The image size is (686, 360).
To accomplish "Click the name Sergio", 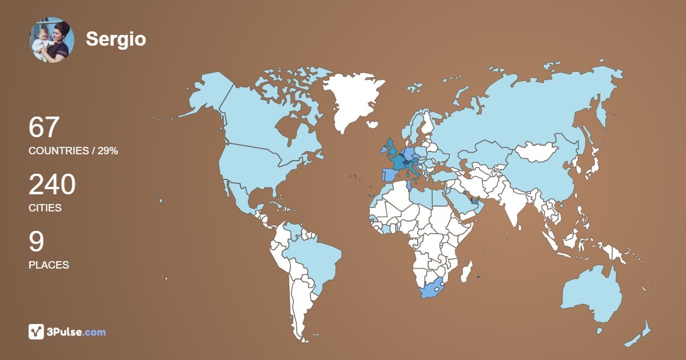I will [x=115, y=39].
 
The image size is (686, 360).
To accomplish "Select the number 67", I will [x=44, y=127].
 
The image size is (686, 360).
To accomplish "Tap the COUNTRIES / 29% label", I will [x=73, y=151].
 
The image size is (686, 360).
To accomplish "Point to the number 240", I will [x=52, y=185].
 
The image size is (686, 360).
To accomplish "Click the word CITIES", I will [x=45, y=208].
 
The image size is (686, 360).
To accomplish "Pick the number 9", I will [x=36, y=242].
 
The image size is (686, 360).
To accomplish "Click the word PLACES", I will [x=49, y=265].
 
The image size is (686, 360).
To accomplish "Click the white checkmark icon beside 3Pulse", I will [x=36, y=331].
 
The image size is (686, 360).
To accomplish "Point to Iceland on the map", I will [x=372, y=124].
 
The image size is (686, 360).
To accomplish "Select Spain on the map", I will [x=389, y=174].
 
